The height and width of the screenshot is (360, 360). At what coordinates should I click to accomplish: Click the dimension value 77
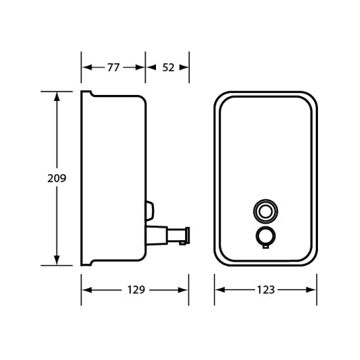click(x=114, y=67)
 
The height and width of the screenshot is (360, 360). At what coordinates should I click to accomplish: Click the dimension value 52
click(x=169, y=67)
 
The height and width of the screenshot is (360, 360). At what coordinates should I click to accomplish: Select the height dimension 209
click(x=57, y=179)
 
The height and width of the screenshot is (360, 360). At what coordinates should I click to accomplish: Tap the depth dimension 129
click(x=136, y=289)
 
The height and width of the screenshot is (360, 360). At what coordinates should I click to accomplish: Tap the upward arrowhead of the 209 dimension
click(x=57, y=96)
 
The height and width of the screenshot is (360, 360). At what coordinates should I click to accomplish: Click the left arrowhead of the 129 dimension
click(x=85, y=289)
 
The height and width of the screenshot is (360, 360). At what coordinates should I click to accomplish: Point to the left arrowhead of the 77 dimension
click(x=85, y=67)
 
